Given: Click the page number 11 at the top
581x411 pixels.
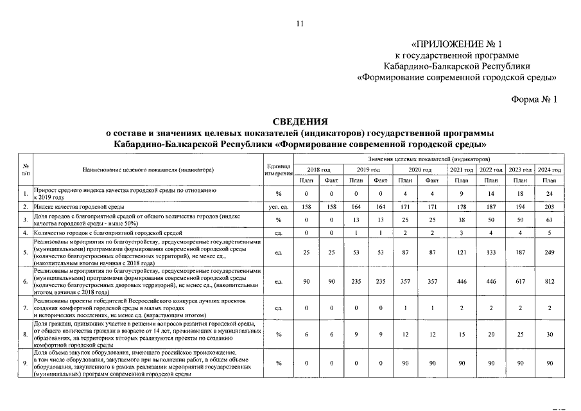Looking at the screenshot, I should [299, 24].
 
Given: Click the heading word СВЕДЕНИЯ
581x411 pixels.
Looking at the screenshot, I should [300, 121].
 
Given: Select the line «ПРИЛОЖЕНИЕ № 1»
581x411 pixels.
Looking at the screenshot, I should [456, 44].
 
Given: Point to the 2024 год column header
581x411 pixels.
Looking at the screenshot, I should [549, 170].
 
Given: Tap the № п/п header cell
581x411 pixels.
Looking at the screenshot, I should [24, 170].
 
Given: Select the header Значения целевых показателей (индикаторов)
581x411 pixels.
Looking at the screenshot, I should [429, 159].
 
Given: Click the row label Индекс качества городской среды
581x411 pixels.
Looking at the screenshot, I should [79, 207].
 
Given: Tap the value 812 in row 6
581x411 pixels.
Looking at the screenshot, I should [549, 281].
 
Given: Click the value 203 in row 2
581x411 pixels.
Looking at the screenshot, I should [549, 207].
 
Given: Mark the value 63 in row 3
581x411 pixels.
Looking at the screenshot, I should [549, 220].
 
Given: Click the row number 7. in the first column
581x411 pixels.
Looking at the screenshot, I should [24, 308].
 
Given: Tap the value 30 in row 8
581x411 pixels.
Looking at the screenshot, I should [549, 335].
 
